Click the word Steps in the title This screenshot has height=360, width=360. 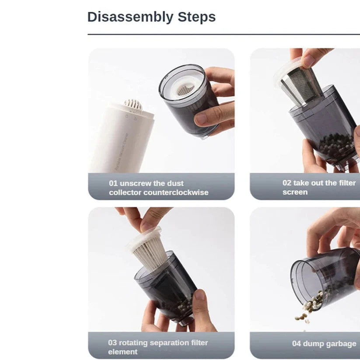[x=196, y=17]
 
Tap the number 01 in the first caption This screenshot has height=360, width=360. [x=114, y=183]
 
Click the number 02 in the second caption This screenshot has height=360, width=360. [x=287, y=183]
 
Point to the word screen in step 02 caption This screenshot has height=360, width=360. [x=295, y=192]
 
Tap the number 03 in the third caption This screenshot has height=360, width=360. [x=113, y=343]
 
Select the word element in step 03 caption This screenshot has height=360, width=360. [x=122, y=352]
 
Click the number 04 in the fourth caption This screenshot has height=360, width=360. [x=297, y=344]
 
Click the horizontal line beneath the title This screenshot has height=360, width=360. [x=223, y=34]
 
